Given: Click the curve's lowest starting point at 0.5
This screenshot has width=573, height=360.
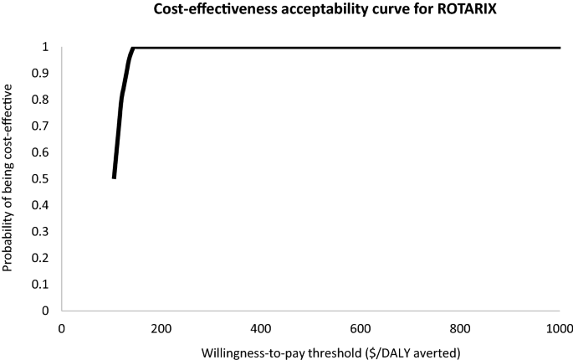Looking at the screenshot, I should [x=114, y=177].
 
